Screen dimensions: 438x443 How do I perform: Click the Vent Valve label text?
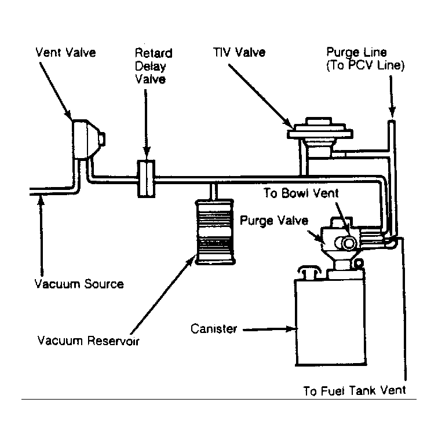coord(65,53)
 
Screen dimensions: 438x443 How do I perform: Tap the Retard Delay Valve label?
coord(154,66)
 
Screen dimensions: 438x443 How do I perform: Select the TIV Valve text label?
coord(239,52)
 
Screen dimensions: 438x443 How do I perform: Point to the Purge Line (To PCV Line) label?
coord(366,58)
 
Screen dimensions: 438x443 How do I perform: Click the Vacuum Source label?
coord(79,284)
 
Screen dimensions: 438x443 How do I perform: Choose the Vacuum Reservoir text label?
coord(89,341)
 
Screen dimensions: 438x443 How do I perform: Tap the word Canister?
coord(214,328)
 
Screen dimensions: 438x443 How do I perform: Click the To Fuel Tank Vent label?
coord(355,390)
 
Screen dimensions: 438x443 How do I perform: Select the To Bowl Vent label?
coord(301,193)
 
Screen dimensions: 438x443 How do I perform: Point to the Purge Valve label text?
coord(274,221)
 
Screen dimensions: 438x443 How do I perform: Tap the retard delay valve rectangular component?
coord(146,178)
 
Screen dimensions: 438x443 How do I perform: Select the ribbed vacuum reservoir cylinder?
coord(215,232)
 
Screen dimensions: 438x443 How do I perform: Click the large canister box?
coord(330,321)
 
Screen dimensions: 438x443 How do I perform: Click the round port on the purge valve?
coord(349,243)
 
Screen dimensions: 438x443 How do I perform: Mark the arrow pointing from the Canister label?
coord(271,329)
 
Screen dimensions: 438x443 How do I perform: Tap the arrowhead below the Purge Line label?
coord(392,112)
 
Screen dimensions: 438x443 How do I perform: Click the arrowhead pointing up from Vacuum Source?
coord(41,201)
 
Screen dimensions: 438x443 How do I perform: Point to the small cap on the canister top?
coord(309,272)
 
